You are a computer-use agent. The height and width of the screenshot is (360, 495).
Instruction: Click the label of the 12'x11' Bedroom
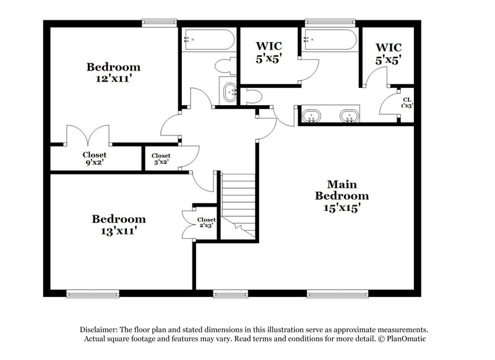[x=113, y=73]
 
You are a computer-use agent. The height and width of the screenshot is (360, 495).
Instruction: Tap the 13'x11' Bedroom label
[x=119, y=225]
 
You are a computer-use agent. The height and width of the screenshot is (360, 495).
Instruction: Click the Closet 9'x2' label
[x=95, y=159]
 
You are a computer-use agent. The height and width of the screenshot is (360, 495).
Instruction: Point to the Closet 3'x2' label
[x=161, y=160]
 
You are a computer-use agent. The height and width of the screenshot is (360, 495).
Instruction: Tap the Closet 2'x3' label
[x=206, y=223]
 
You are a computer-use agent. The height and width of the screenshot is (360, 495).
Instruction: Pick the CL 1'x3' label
[x=407, y=103]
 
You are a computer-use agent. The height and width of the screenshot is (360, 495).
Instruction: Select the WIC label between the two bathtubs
[x=269, y=53]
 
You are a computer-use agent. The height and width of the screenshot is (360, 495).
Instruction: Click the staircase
[x=239, y=201]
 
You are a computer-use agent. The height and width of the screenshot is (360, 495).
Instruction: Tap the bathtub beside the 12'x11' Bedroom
[x=209, y=42]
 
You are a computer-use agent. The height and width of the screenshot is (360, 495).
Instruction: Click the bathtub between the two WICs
[x=329, y=42]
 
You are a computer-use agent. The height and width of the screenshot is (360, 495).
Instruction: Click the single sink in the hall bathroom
[x=230, y=93]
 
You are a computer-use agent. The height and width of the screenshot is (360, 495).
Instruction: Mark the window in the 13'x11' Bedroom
[x=93, y=294]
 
